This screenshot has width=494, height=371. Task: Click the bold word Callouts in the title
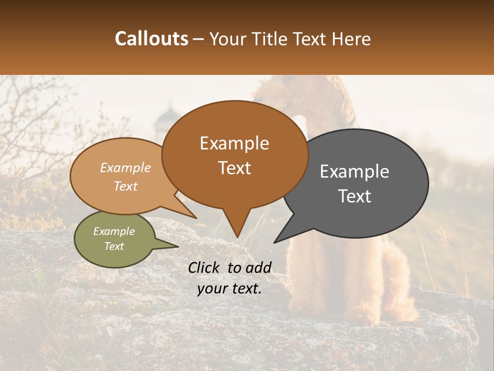[151, 39]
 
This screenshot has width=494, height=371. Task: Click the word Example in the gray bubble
[354, 172]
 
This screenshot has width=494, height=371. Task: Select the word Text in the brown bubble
[235, 168]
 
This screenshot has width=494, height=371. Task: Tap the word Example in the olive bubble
[114, 231]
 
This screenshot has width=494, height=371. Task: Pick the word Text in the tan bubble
[126, 186]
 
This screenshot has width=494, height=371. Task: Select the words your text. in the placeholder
[230, 289]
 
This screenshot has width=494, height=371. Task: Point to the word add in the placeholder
[259, 267]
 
